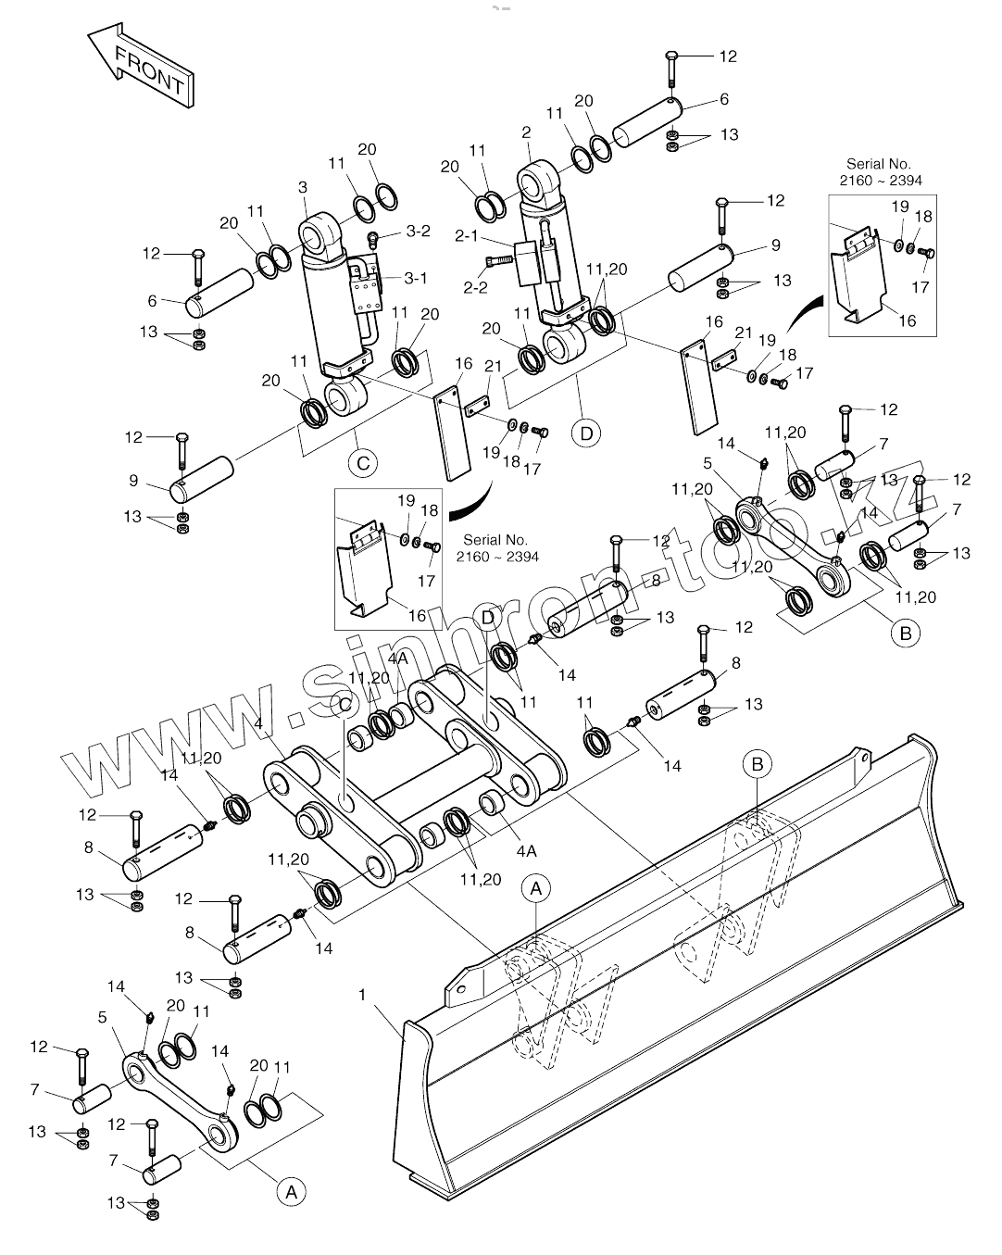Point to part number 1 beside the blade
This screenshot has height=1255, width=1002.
[x=362, y=994]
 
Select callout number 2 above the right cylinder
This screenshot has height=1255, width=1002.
[x=526, y=132]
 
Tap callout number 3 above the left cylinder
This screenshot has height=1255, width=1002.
[x=303, y=188]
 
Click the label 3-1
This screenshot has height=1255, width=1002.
[x=416, y=277]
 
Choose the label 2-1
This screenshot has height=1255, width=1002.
[x=466, y=237]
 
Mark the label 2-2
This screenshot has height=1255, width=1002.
[x=475, y=288]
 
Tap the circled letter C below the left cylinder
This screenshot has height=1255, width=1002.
[x=363, y=461]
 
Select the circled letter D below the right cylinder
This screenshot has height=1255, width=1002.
[x=586, y=433]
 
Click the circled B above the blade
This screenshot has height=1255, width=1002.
[x=758, y=764]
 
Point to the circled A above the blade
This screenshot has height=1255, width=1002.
[x=535, y=887]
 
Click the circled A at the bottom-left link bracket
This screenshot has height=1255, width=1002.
[x=291, y=1192]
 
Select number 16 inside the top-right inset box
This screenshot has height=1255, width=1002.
[x=907, y=320]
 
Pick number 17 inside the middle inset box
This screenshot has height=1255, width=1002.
[x=426, y=582]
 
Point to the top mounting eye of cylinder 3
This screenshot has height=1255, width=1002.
[x=321, y=231]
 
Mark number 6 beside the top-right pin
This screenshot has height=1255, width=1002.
[x=724, y=99]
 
